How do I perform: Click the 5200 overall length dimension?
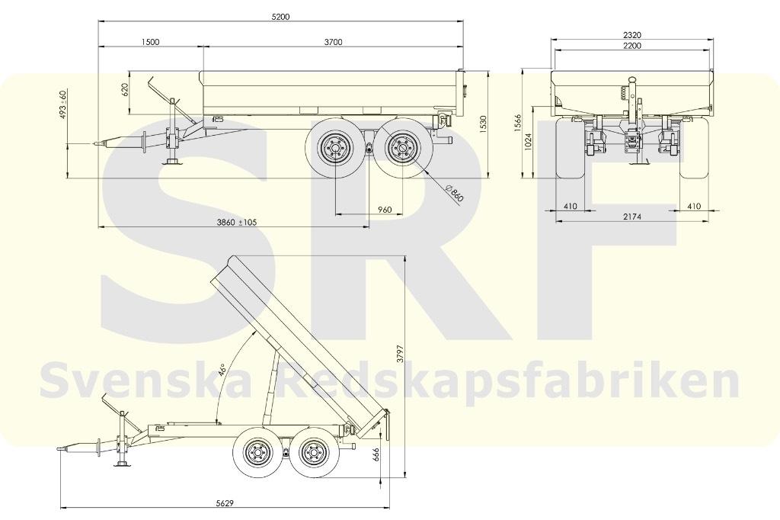tap(280, 17)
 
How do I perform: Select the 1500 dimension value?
tap(150, 42)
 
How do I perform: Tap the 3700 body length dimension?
tap(334, 42)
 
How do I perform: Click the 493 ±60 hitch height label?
tap(63, 104)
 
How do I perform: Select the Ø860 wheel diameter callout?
tap(455, 193)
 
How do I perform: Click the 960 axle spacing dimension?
tap(385, 210)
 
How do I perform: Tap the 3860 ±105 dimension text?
tap(236, 222)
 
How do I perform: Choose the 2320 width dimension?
tap(631, 35)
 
